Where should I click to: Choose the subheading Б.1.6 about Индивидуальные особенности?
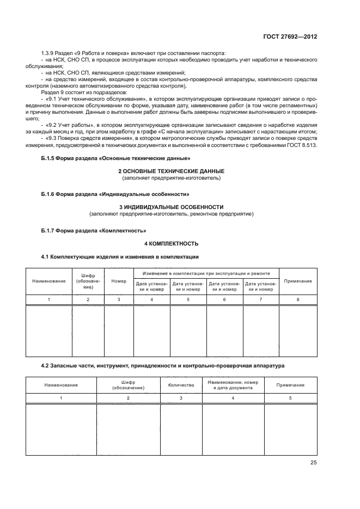[115, 194]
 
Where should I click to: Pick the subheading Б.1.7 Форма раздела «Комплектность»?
[94, 230]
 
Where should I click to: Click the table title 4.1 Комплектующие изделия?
[120, 256]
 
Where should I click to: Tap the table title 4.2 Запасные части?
[163, 366]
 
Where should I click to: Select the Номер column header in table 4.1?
[119, 281]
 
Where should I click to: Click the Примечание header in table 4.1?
[298, 281]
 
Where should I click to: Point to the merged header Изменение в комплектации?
[206, 273]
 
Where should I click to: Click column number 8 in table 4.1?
[298, 300]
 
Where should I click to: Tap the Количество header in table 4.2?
[181, 385]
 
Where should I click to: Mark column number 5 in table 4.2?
[290, 398]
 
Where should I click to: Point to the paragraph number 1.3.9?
[49, 53]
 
